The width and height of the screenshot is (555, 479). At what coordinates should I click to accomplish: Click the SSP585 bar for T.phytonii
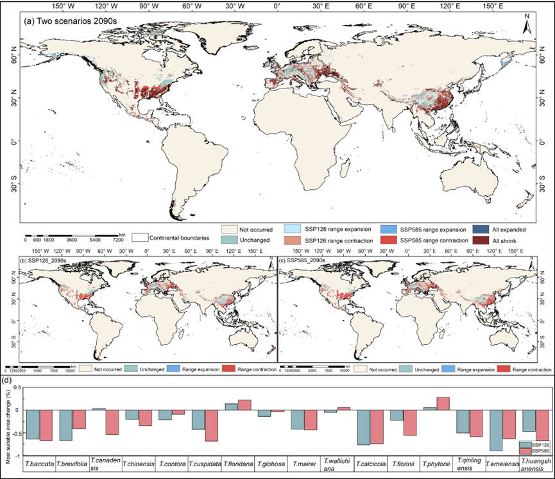[443, 403]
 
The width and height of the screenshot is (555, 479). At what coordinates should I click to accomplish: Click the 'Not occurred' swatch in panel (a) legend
[229, 229]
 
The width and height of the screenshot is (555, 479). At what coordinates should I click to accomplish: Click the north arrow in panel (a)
[525, 27]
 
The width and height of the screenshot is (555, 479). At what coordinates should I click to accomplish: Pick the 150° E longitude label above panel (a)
[493, 6]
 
